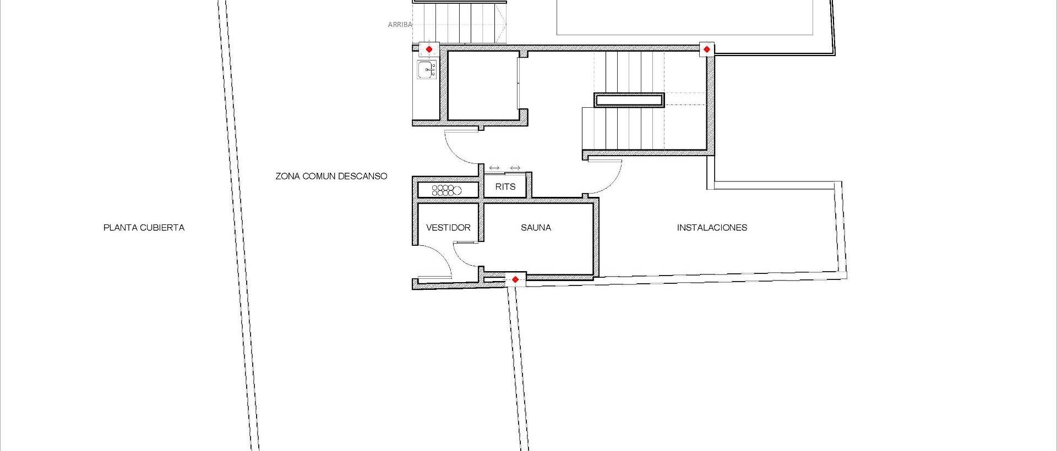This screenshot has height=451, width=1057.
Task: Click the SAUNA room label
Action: pos(535,227)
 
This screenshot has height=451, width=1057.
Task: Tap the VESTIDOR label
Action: pos(448,227)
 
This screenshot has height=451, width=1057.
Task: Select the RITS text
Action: pos(505,186)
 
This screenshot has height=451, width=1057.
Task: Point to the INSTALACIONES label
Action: pos(711,227)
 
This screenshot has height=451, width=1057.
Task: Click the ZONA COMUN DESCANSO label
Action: pos(331,176)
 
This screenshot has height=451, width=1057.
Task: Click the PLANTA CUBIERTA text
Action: pos(144,227)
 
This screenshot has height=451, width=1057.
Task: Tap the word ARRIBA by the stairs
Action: pos(400,25)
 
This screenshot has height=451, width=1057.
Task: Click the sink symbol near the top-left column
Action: pos(427,70)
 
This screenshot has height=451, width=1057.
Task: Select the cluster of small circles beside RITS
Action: pos(446,190)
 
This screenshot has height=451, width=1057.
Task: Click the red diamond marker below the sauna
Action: pos(515,279)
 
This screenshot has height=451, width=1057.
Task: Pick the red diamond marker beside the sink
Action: pos(429,49)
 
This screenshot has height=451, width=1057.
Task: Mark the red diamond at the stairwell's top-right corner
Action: pos(707,49)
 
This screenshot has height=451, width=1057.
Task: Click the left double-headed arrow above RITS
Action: pos(494,168)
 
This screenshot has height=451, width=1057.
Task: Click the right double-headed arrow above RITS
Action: pos(515,168)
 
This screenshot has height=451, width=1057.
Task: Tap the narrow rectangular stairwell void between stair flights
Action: pos(629,100)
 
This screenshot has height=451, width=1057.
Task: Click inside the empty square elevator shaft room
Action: pos(482,85)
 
